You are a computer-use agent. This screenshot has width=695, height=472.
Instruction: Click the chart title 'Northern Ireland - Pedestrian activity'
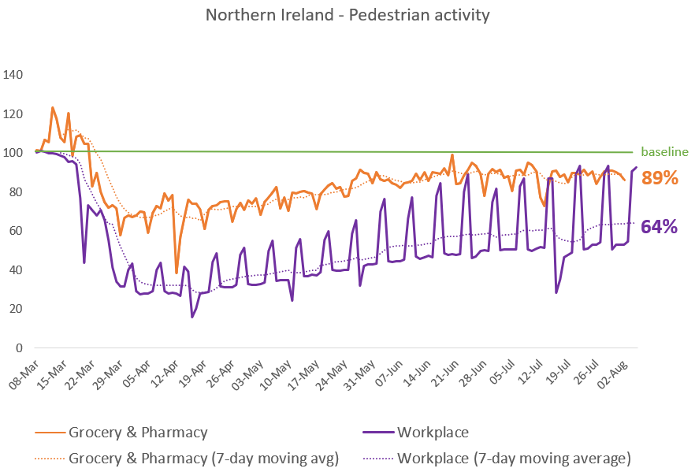click(347, 15)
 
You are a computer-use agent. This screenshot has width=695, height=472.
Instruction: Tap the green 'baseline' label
click(664, 152)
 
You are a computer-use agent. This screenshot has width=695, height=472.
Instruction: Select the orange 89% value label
click(660, 178)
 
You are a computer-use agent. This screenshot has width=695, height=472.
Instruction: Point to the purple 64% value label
click(659, 226)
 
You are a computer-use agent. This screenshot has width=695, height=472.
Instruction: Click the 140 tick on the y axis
click(13, 74)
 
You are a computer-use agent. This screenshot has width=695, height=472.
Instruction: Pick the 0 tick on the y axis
click(19, 348)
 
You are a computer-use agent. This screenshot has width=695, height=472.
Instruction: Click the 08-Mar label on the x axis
click(24, 375)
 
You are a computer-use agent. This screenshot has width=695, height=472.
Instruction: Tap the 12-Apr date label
click(165, 375)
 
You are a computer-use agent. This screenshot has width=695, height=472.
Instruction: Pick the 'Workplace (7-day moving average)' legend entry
click(496, 459)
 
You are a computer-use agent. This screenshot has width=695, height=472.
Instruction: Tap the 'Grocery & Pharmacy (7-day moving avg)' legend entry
click(187, 459)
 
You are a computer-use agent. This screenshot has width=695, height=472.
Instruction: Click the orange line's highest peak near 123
click(53, 108)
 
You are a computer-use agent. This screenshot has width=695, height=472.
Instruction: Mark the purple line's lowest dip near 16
click(192, 317)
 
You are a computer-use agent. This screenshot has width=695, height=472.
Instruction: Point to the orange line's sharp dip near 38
click(177, 273)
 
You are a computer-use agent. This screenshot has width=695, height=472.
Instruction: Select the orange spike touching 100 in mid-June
click(452, 155)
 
